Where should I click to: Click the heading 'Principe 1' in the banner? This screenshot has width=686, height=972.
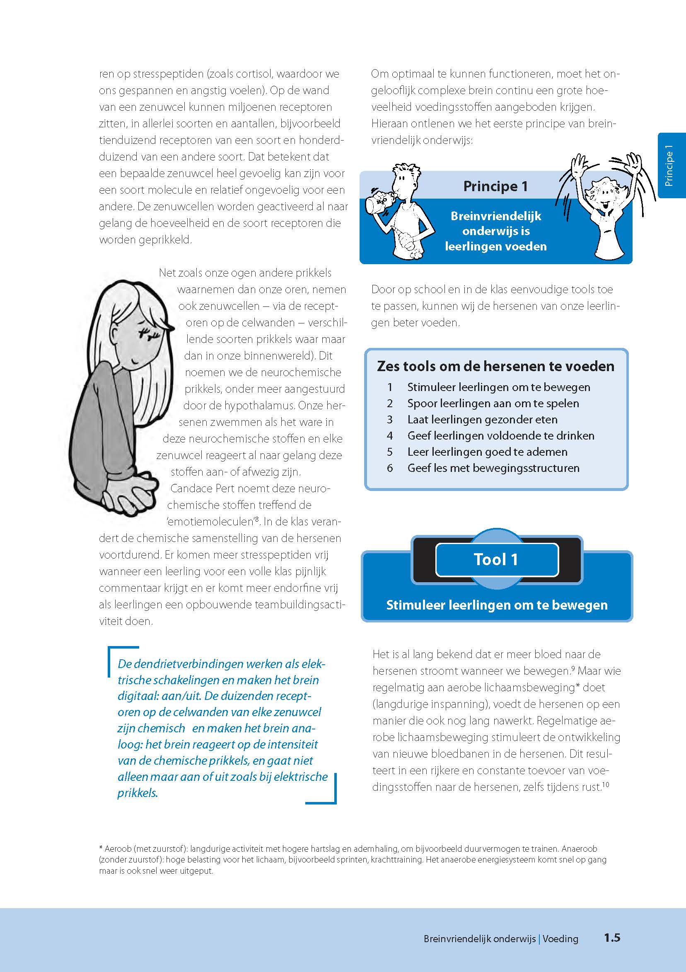tap(495, 186)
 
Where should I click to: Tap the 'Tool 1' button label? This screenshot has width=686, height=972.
tap(496, 560)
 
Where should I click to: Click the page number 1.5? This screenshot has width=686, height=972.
tap(611, 938)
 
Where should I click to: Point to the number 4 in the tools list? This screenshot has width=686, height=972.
tap(389, 436)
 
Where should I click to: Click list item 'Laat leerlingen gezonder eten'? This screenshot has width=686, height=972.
tap(482, 420)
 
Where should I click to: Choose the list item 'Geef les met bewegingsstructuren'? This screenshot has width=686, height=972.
tap(493, 468)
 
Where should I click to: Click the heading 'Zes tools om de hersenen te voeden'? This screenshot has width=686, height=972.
tap(495, 366)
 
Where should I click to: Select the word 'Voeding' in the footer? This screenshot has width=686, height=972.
tap(560, 938)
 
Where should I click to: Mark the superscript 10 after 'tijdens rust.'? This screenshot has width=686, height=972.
tap(606, 785)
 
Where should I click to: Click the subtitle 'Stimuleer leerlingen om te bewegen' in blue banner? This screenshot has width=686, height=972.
tap(497, 605)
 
